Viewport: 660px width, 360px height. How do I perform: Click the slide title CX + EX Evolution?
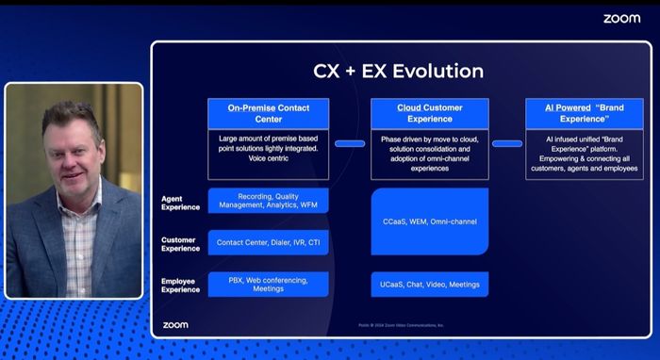[x=398, y=71]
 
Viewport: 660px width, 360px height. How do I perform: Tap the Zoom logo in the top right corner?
[x=621, y=18]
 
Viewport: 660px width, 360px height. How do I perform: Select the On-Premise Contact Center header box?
[x=269, y=114]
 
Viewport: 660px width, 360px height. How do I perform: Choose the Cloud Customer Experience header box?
[x=429, y=114]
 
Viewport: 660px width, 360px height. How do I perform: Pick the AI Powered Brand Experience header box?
[x=584, y=114]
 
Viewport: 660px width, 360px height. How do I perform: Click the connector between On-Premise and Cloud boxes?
[x=350, y=143]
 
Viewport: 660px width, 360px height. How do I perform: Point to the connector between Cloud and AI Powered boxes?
[x=506, y=143]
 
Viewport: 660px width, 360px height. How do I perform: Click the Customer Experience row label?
[x=180, y=243]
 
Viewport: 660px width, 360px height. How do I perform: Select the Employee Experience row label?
[x=180, y=284]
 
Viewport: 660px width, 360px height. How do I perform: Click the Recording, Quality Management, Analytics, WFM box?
[x=269, y=201]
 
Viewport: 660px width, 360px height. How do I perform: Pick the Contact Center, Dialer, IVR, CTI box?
[x=269, y=242]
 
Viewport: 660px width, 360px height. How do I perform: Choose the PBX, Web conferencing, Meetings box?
[x=269, y=284]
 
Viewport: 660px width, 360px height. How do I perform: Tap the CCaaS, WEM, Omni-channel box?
[x=429, y=221]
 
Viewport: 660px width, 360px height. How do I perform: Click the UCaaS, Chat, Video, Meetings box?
[x=429, y=284]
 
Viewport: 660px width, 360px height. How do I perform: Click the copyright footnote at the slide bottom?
[x=401, y=325]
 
